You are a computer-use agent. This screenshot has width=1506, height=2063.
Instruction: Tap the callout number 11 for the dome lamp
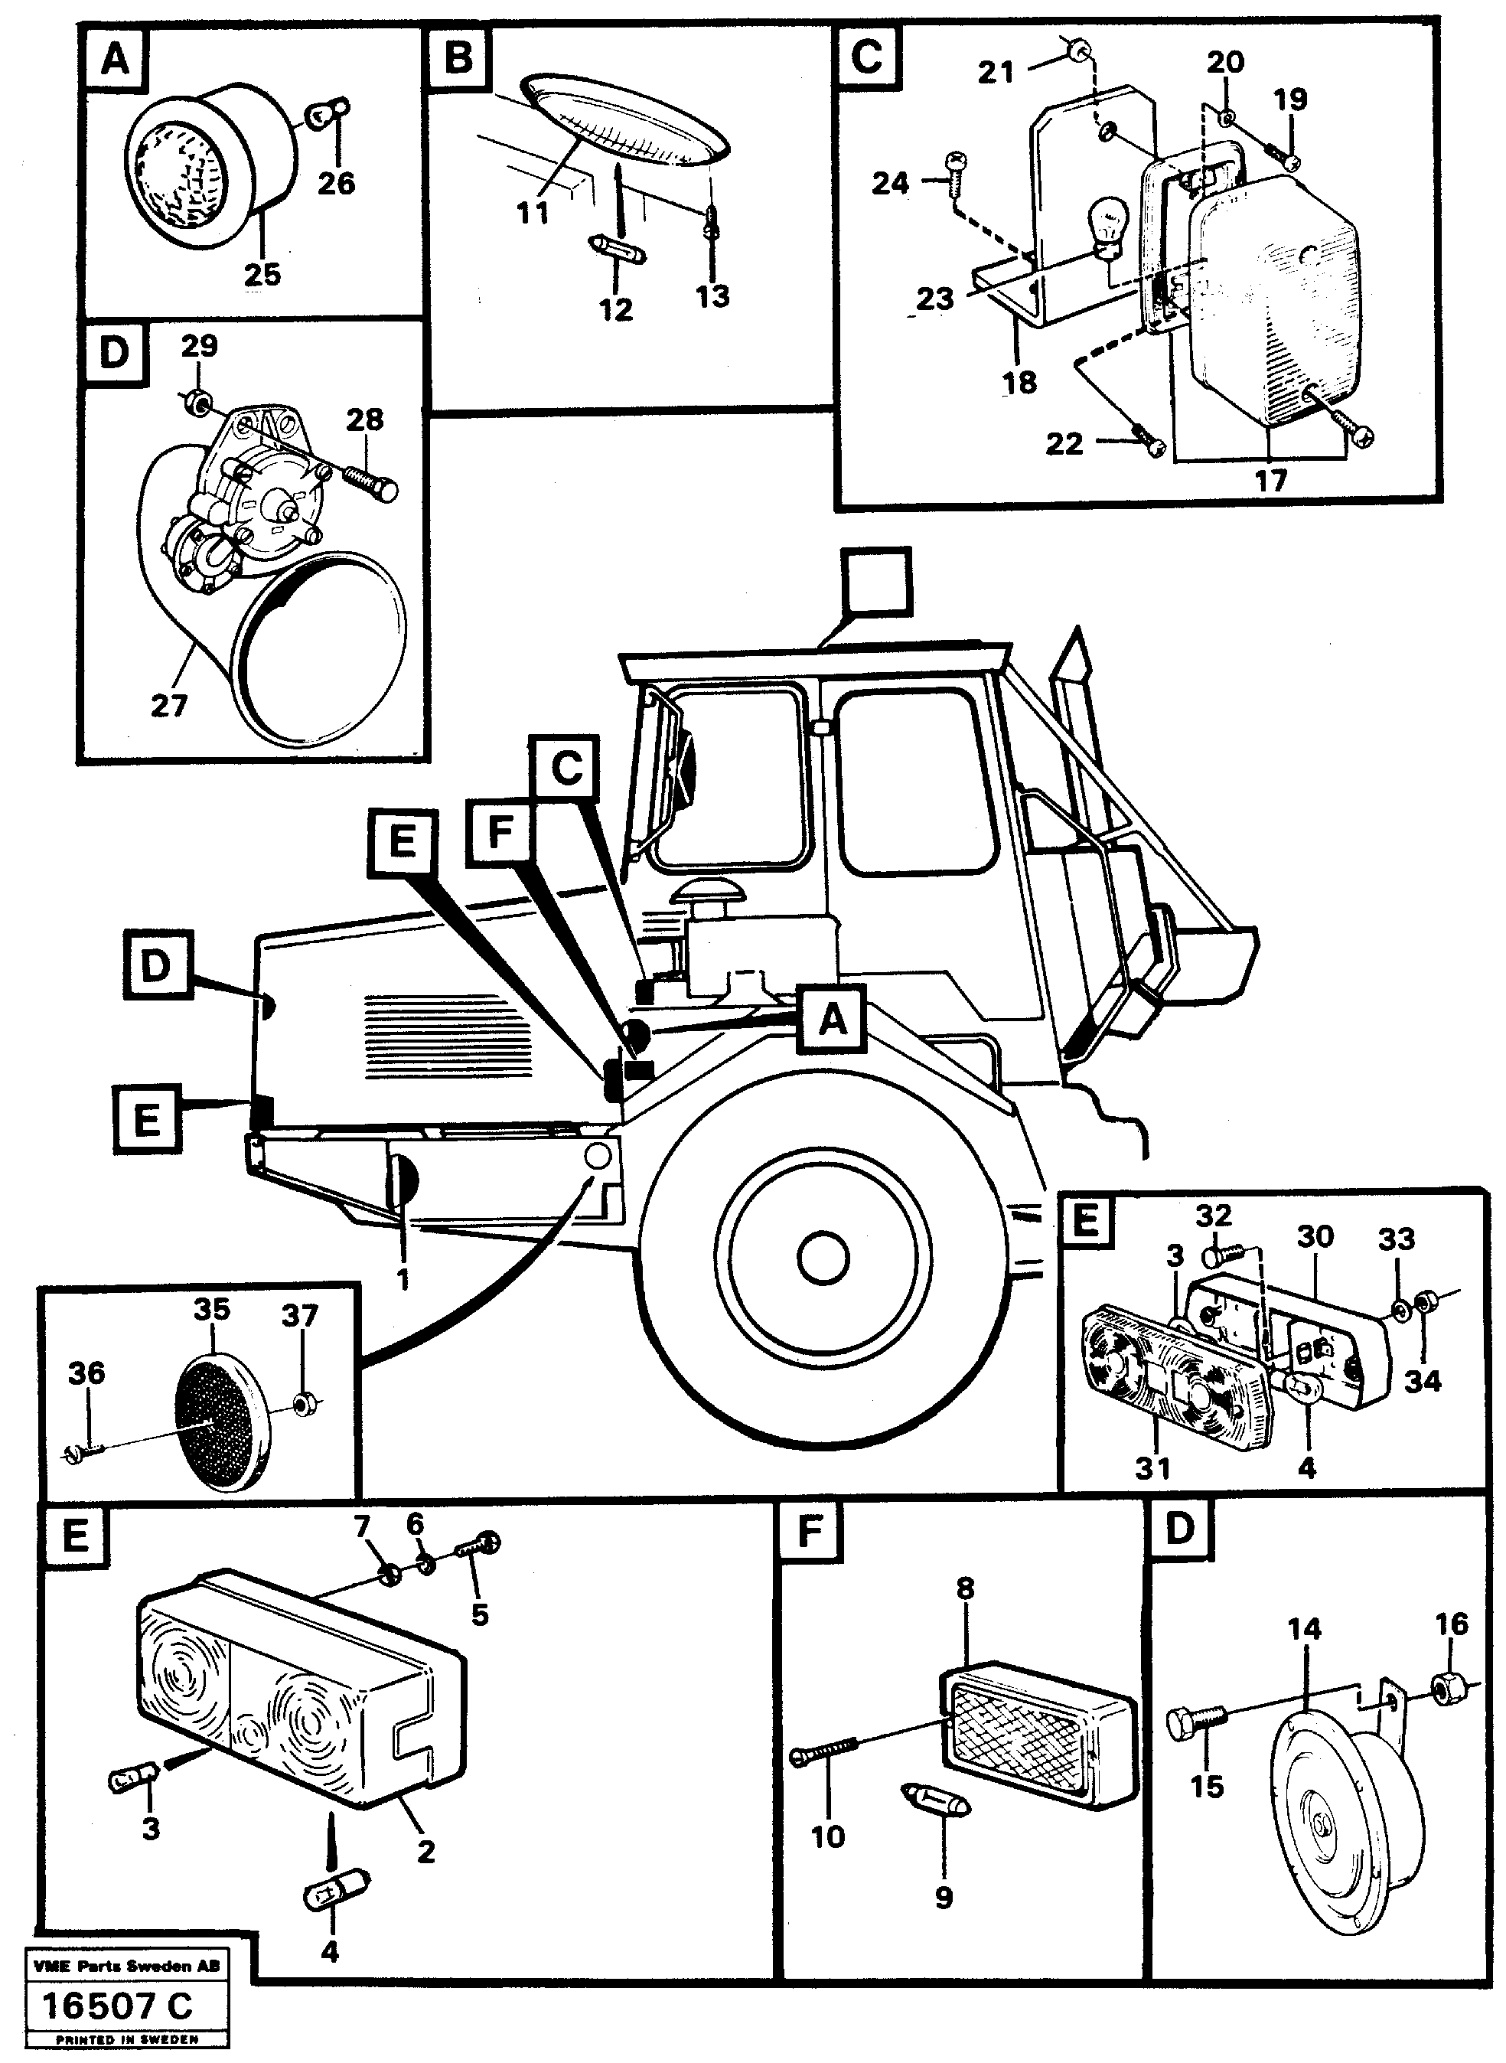tap(533, 214)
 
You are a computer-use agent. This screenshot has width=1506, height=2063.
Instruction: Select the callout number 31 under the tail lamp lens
tap(1152, 1468)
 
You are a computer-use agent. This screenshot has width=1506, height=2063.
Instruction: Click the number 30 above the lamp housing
tap(1315, 1237)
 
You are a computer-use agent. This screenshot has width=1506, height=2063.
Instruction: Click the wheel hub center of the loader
tap(823, 1258)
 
